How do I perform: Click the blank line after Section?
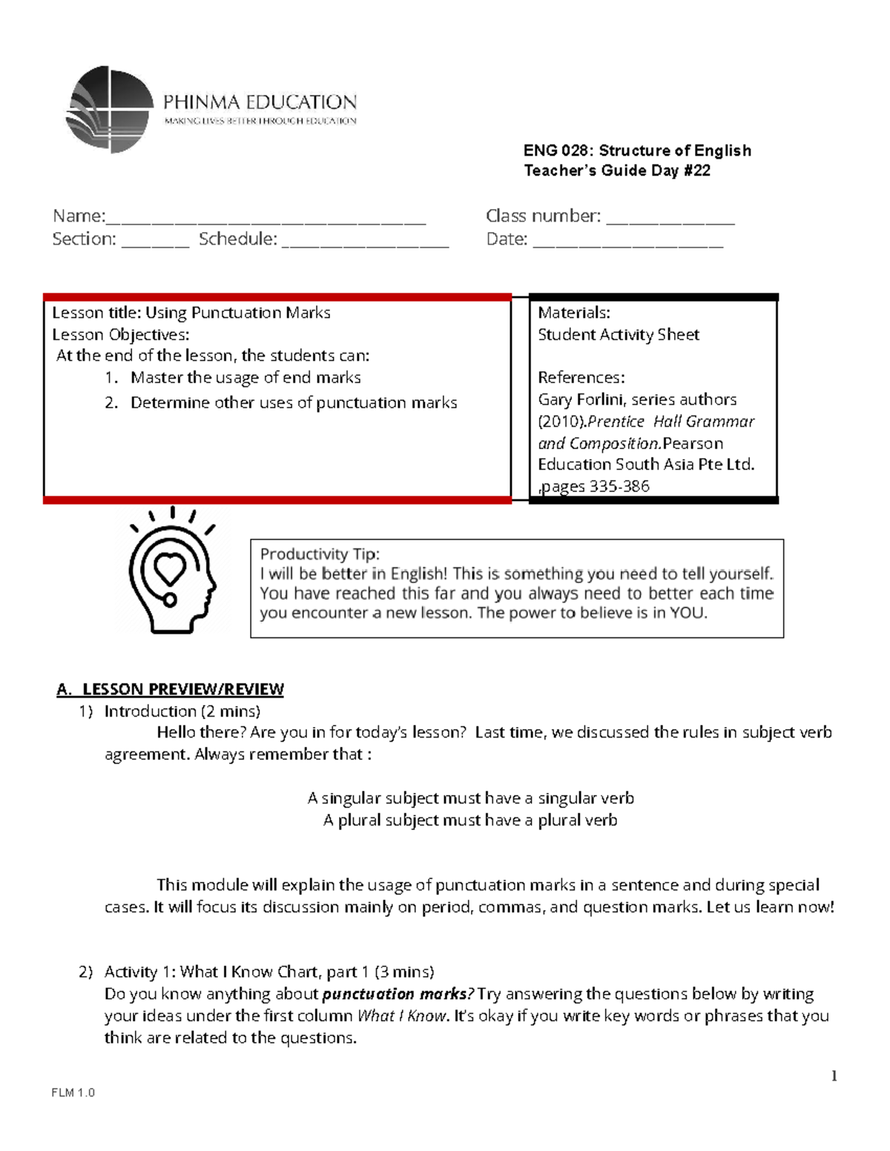[x=155, y=242]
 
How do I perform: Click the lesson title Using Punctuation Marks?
[x=237, y=313]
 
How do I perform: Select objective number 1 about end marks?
[x=245, y=378]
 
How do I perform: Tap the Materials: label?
[x=573, y=313]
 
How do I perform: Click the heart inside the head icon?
[x=170, y=569]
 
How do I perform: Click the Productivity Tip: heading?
[x=320, y=554]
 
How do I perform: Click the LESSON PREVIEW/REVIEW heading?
[x=182, y=689]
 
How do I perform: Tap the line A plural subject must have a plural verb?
[x=470, y=820]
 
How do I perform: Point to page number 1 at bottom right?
[x=834, y=1076]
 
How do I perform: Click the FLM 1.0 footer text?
[x=73, y=1092]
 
